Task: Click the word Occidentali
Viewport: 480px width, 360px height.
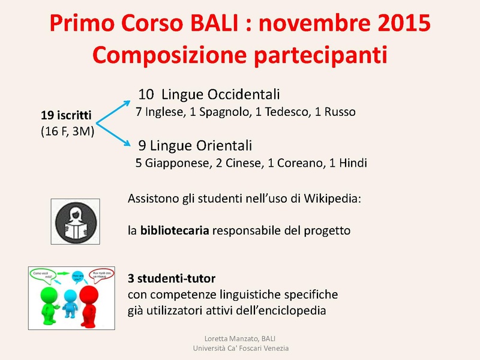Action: (244, 95)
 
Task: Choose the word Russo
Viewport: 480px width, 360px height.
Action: (340, 112)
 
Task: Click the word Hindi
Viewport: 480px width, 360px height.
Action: (353, 163)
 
